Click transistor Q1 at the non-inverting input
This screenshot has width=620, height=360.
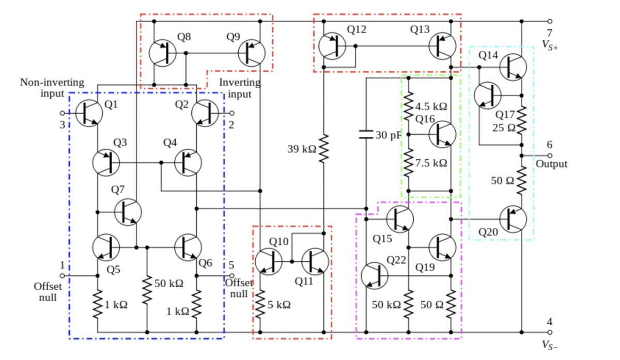pyautogui.click(x=89, y=113)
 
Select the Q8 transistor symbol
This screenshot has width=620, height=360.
pyautogui.click(x=162, y=53)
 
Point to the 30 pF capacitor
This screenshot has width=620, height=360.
pyautogui.click(x=366, y=135)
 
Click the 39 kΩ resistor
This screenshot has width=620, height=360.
pyautogui.click(x=323, y=149)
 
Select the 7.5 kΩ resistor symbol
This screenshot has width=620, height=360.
pyautogui.click(x=408, y=162)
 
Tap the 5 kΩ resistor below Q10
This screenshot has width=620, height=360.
pyautogui.click(x=260, y=303)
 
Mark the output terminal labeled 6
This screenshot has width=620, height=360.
pyautogui.click(x=550, y=155)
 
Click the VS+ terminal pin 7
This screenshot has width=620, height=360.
pyautogui.click(x=550, y=22)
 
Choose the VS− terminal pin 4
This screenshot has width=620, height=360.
pyautogui.click(x=550, y=333)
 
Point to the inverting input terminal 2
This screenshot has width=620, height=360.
pyautogui.click(x=232, y=113)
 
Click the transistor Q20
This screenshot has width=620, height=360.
pyautogui.click(x=514, y=218)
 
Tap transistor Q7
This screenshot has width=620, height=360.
pyautogui.click(x=128, y=212)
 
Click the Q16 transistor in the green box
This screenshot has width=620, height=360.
pyautogui.click(x=443, y=134)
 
